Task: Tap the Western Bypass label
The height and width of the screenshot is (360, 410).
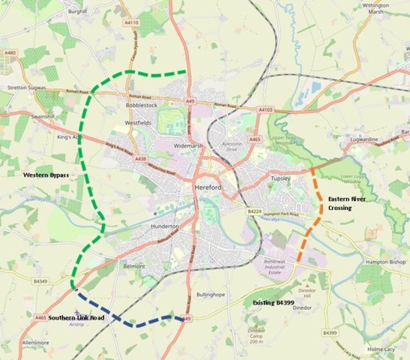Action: point(46,175)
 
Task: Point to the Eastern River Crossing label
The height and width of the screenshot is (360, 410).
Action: point(347,202)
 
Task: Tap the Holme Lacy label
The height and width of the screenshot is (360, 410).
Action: point(382,349)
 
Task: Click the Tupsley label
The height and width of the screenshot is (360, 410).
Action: point(280,179)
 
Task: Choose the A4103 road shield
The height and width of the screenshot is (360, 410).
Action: point(265,110)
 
